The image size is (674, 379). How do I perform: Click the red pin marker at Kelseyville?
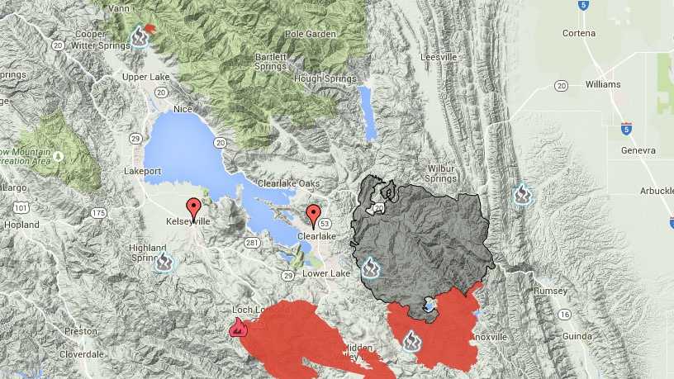[194, 209]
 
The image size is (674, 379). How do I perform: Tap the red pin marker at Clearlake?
[313, 215]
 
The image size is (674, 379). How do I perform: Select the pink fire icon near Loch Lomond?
[238, 328]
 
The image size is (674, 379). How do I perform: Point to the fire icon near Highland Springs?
[164, 262]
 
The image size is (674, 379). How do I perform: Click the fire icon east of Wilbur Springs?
[522, 195]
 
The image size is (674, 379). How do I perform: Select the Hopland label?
[21, 225]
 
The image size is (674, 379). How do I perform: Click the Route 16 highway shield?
[565, 314]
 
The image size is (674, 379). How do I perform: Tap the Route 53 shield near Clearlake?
[325, 224]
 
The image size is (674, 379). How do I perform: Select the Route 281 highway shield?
[253, 242]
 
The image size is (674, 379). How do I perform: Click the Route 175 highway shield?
[99, 213]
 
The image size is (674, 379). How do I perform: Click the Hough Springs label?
[319, 78]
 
